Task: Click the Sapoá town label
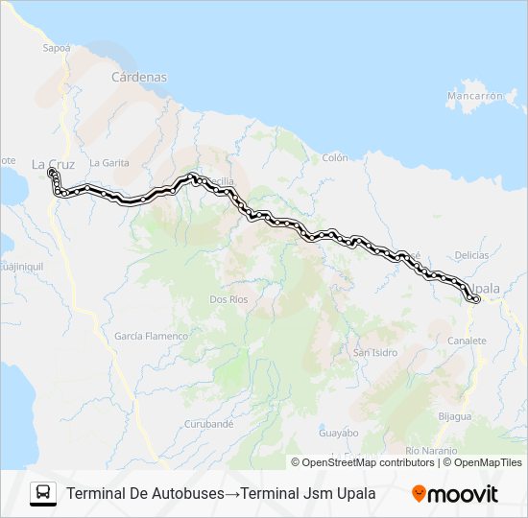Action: (x=58, y=46)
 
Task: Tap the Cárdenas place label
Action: (x=139, y=77)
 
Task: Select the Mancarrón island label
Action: (x=475, y=96)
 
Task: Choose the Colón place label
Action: (x=335, y=157)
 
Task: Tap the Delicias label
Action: (x=471, y=255)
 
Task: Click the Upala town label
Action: (x=485, y=287)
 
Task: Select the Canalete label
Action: (x=468, y=341)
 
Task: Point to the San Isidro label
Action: (x=375, y=352)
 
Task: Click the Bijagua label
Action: (x=455, y=416)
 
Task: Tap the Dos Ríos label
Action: (x=228, y=299)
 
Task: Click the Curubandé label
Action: (x=209, y=423)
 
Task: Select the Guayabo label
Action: (x=339, y=433)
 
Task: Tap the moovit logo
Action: (x=455, y=494)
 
